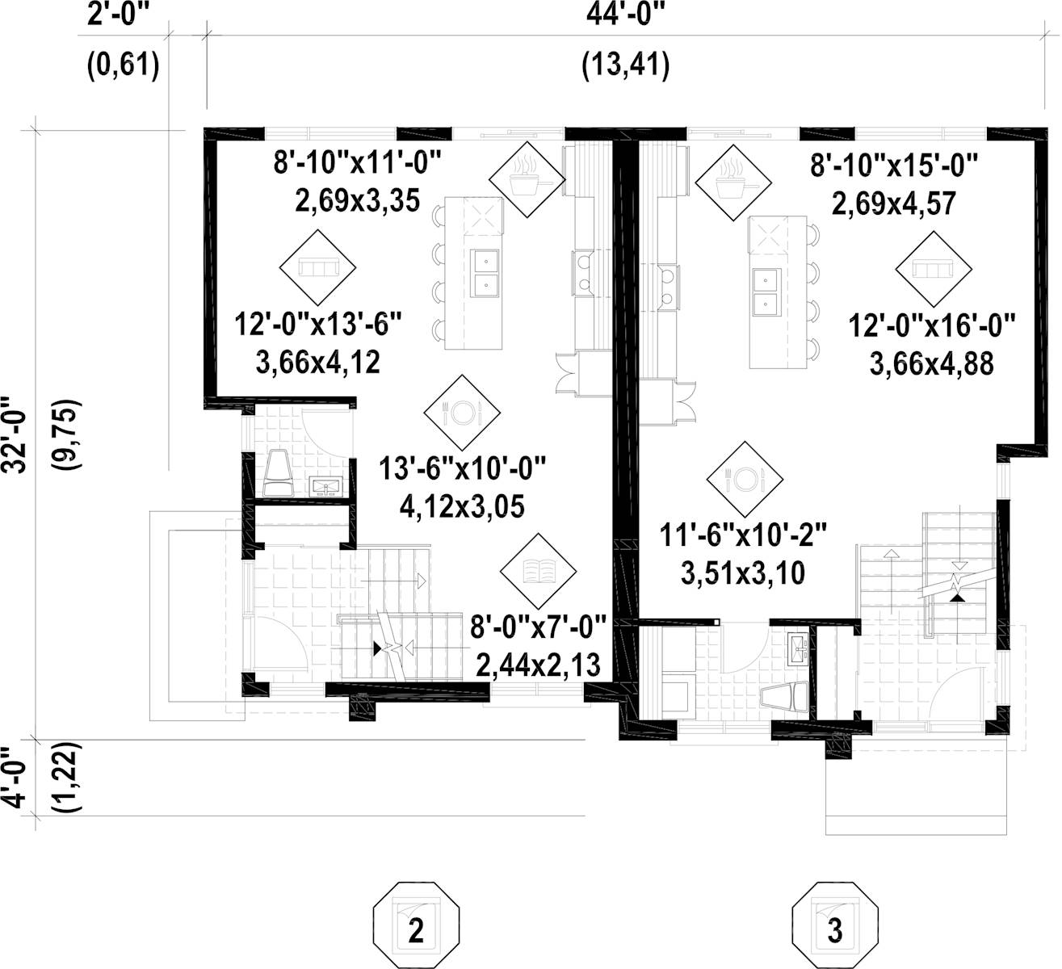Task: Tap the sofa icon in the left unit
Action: tap(317, 267)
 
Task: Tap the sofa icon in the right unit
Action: tap(932, 267)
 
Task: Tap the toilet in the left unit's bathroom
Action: tap(279, 473)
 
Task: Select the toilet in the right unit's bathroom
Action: tap(784, 695)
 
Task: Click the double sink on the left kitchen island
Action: tap(485, 273)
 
